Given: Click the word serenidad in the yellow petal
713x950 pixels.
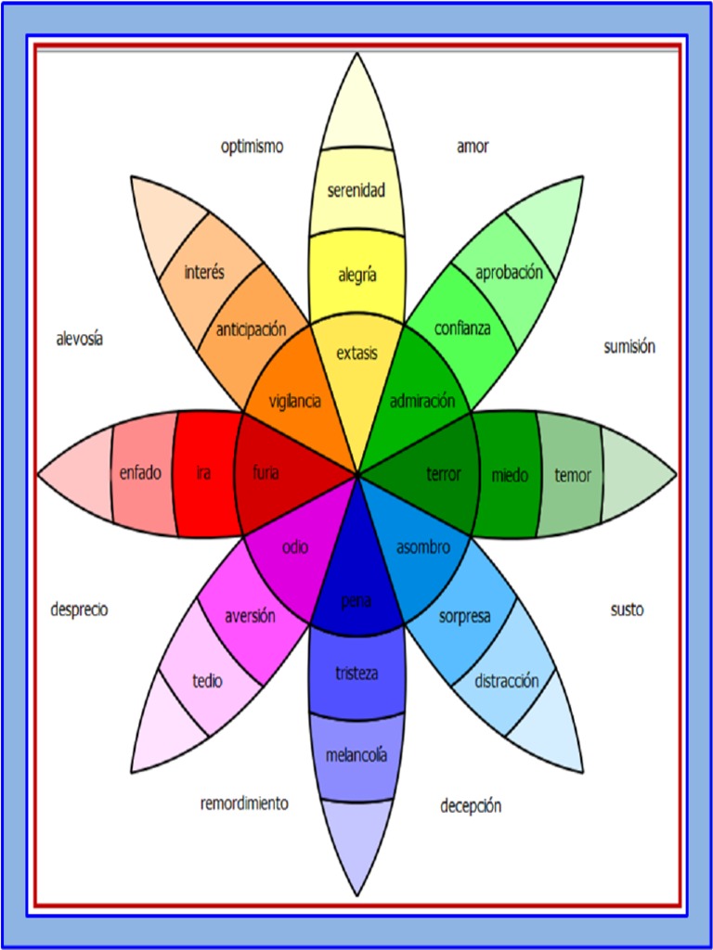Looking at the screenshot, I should coord(356,191).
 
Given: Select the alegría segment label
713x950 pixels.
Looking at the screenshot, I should coord(356,275).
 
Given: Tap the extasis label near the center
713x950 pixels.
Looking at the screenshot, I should coord(356,353).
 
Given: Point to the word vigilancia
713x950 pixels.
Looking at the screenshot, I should coord(295,402).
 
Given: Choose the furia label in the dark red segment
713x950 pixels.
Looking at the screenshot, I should coord(266,473).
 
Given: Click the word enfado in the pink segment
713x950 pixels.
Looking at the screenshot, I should coord(140,473).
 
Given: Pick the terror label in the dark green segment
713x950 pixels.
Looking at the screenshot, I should coord(444,475).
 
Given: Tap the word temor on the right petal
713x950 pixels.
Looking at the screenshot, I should coord(572,476).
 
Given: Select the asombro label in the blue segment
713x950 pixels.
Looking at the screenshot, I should coord(423,547).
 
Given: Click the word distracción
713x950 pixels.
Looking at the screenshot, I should coord(506,681).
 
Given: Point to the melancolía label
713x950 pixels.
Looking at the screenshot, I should coord(356,755).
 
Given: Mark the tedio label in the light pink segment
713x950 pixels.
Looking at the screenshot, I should coord(207,681).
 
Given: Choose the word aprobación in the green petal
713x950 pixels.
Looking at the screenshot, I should coord(508,273).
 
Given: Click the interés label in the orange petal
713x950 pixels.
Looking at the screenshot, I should coord(204,273).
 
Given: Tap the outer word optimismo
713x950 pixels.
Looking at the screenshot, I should coord(252,147).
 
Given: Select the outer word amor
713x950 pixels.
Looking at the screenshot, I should coord(473,147).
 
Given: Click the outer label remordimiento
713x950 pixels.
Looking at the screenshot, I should coord(244,803).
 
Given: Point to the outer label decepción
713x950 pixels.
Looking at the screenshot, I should coord(471,806).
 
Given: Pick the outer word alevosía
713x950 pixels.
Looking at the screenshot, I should coord(80,340).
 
